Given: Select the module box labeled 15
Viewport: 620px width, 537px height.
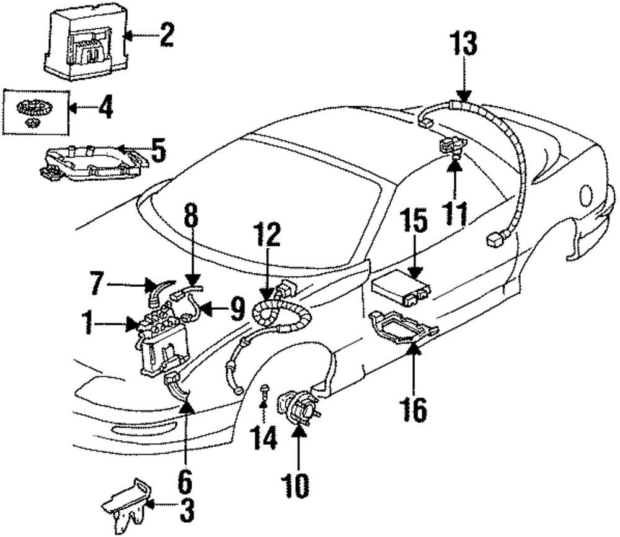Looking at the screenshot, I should (401, 286).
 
